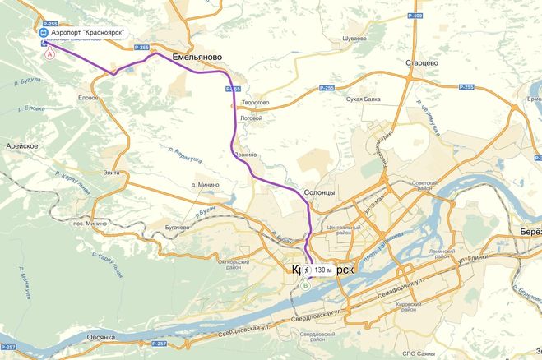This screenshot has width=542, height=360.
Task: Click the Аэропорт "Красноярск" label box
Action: tap(86, 33)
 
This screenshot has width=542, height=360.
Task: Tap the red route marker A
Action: tap(49, 52)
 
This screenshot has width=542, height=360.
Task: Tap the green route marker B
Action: tap(305, 286)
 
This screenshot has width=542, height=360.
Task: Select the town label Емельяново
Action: tap(198, 58)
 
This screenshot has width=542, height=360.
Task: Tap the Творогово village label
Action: tap(253, 103)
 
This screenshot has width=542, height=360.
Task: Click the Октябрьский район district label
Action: tap(233, 265)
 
